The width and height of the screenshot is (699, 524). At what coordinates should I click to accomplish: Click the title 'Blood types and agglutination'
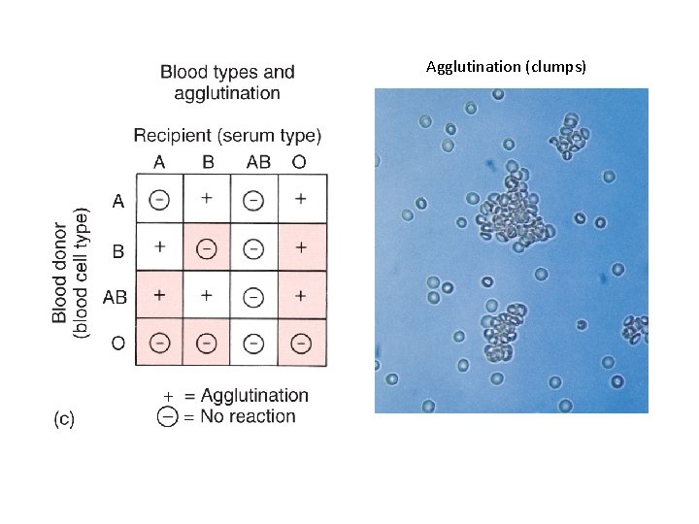(227, 82)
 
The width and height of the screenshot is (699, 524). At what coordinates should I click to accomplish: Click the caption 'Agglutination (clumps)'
(505, 66)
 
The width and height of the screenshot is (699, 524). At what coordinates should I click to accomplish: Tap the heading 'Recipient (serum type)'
(227, 135)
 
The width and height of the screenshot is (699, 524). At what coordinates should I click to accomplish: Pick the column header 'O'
(299, 161)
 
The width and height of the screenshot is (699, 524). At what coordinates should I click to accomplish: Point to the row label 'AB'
(115, 297)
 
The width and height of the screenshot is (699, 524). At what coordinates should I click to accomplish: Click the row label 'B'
(117, 250)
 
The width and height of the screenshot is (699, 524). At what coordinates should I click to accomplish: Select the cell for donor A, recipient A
(159, 199)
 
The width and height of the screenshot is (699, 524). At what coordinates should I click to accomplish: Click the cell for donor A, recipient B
(206, 199)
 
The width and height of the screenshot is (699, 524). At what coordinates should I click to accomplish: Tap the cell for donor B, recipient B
(206, 248)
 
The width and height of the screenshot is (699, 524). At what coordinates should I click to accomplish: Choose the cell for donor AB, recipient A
(159, 295)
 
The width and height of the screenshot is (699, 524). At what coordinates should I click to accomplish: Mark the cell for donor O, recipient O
(301, 342)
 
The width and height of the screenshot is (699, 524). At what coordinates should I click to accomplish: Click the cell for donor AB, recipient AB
(253, 295)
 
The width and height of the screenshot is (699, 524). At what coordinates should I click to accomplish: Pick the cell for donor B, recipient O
(301, 248)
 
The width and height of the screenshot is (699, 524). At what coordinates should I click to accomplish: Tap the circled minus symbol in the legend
(168, 416)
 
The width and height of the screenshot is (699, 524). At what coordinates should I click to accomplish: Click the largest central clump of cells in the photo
(513, 213)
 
